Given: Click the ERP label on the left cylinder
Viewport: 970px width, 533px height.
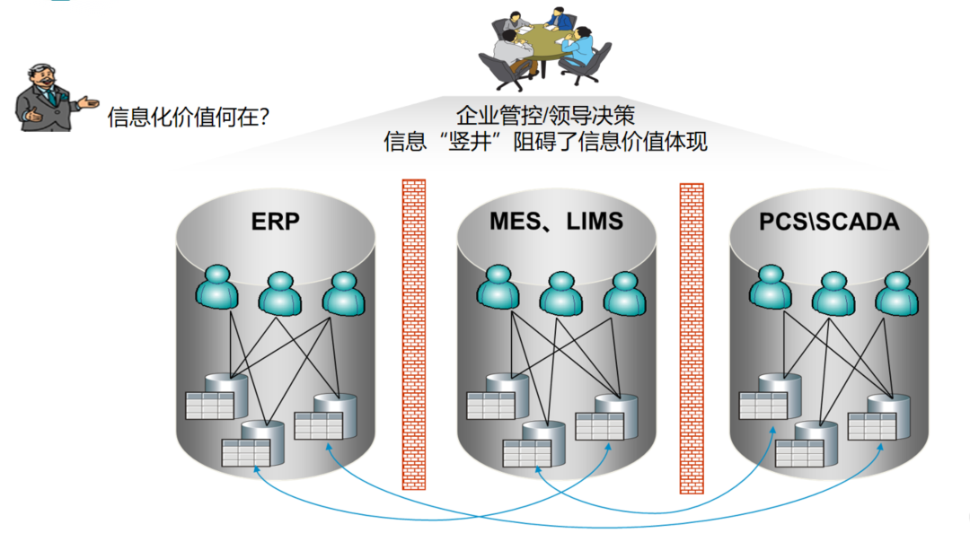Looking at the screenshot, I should tap(275, 222).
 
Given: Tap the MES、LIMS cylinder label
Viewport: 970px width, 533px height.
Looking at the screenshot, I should tap(556, 221).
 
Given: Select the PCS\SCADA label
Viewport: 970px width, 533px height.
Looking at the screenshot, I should tap(829, 221).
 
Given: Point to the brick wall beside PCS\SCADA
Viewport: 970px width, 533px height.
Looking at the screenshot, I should tap(691, 339).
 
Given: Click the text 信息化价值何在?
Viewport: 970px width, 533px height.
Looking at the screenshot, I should tap(189, 117).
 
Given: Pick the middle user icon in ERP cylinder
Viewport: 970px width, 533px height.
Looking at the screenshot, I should tap(280, 291).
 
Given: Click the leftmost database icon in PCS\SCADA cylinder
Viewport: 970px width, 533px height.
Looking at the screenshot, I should tap(768, 398).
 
